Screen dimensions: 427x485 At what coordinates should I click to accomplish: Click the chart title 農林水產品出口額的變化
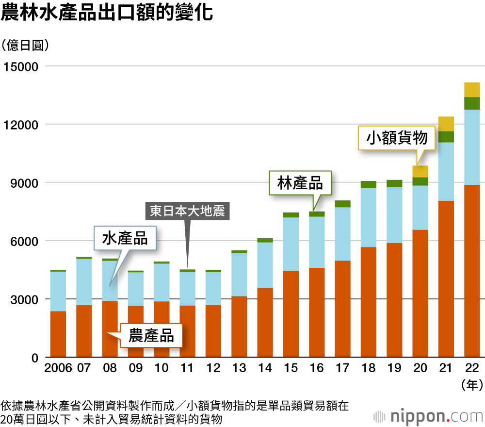[107, 13]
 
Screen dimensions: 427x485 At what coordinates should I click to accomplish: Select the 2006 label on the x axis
[58, 367]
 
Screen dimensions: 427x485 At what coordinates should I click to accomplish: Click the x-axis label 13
[239, 367]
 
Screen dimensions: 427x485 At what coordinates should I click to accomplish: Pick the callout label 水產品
[125, 238]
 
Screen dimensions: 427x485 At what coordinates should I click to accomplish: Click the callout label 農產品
[151, 335]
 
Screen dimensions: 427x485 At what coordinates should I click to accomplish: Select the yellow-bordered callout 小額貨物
[397, 138]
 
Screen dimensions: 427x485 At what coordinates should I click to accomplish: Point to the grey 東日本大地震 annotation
[187, 212]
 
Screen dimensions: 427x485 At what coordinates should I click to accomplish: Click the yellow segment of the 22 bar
[472, 90]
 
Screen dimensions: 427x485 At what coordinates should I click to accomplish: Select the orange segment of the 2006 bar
[58, 334]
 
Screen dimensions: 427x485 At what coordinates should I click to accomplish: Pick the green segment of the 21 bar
[446, 137]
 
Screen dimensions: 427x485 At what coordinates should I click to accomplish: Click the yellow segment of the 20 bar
[420, 171]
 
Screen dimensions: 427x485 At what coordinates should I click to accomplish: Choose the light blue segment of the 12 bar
[213, 288]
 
